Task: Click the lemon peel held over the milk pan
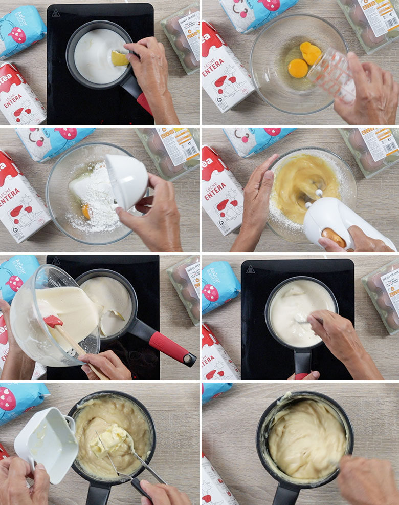pos(120,58)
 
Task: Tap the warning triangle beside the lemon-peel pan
pos(56,12)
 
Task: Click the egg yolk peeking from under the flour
pos(86,211)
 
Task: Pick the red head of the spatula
pos(53,322)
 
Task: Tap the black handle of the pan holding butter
pos(98,494)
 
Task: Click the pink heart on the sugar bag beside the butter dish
pos(7,398)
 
